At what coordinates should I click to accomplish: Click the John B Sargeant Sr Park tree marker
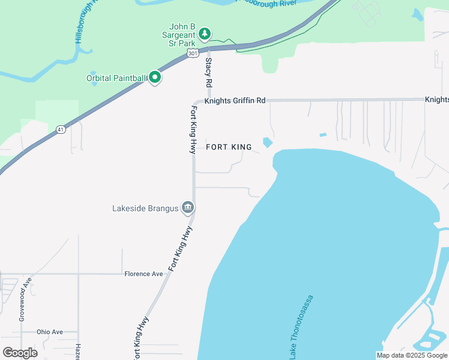(205, 34)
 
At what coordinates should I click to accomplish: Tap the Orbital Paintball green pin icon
(155, 77)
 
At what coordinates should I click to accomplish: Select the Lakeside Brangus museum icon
(187, 208)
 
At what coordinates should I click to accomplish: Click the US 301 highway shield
(192, 54)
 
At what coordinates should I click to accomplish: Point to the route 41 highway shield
(61, 129)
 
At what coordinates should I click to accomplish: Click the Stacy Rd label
(209, 71)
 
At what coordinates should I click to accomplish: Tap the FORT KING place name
(229, 147)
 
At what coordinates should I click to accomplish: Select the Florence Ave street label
(143, 274)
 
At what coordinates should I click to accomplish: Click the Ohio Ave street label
(49, 332)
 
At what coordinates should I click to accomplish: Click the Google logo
(20, 352)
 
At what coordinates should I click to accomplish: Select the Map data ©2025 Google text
(412, 355)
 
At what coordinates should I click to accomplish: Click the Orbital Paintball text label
(116, 77)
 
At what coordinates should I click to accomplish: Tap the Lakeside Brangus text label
(146, 209)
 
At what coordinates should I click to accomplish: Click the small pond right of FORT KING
(267, 143)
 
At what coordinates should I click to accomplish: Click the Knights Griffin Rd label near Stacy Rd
(234, 101)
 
